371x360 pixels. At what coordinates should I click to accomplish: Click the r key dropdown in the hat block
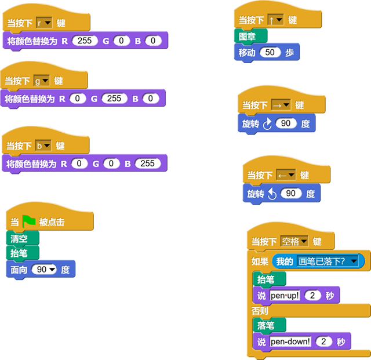click(x=44, y=23)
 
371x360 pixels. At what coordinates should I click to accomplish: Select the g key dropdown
click(x=42, y=81)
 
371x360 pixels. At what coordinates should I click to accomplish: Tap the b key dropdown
click(x=43, y=146)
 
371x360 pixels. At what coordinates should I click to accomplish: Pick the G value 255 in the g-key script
click(x=114, y=99)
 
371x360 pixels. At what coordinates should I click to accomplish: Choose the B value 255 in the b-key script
click(x=147, y=163)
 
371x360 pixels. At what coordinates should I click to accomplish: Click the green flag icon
click(x=29, y=222)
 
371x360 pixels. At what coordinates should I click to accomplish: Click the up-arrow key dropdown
click(x=277, y=20)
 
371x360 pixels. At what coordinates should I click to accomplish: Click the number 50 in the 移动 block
click(x=270, y=52)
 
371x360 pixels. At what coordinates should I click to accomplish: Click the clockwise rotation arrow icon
click(x=268, y=124)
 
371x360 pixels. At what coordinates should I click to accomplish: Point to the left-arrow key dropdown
click(x=286, y=174)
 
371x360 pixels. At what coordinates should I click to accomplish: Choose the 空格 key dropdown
click(x=294, y=242)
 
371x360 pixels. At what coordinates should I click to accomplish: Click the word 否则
click(x=260, y=311)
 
